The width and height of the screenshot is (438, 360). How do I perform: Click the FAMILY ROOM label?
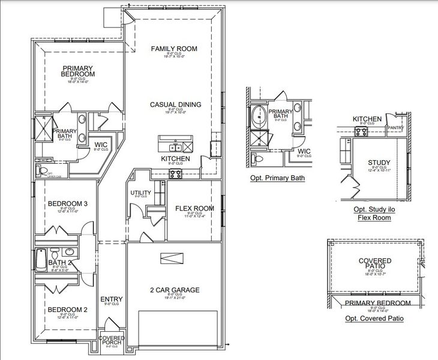coord(174,49)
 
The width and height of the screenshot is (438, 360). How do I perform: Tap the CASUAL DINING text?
coord(175,104)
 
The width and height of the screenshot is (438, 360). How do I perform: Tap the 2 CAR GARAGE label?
coord(174,290)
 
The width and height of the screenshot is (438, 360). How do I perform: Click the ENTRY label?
coord(112,299)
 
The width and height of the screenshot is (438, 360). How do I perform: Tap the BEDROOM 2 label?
coord(68,310)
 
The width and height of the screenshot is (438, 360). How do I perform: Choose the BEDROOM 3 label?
coord(68,204)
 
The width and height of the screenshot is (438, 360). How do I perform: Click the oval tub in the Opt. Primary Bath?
coord(259,115)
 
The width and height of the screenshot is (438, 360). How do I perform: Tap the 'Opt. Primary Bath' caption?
coord(277,178)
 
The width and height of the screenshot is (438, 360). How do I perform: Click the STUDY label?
coord(379,163)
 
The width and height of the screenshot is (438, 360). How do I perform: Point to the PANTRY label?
coord(395,127)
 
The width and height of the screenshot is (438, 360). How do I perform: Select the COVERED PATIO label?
coord(375,265)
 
